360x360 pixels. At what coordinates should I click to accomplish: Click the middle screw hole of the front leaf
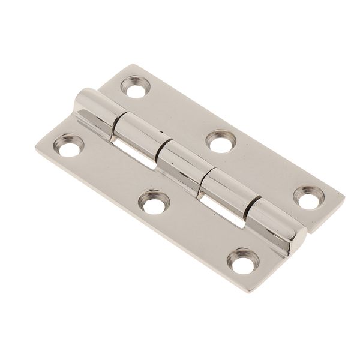coord(154,204)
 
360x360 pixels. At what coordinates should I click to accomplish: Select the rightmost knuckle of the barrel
coord(273,225)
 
